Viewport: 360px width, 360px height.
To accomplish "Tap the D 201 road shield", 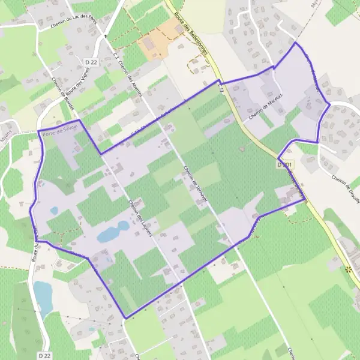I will pyautogui.click(x=286, y=164).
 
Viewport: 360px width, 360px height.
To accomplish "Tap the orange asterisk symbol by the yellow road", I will pyautogui.click(x=348, y=269).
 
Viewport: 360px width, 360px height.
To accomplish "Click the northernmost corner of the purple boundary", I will pyautogui.click(x=295, y=43).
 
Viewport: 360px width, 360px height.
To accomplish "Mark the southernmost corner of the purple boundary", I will pyautogui.click(x=125, y=317).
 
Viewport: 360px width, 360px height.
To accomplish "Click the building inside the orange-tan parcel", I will pyautogui.click(x=178, y=28).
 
